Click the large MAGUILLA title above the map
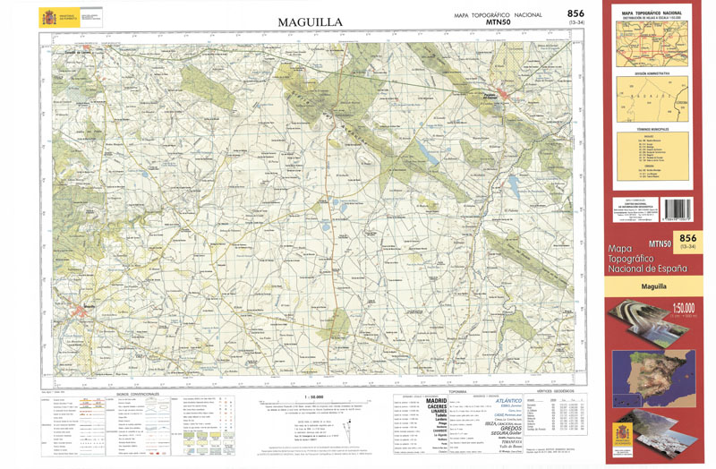[x=311, y=21]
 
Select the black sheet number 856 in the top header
[x=577, y=13]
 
